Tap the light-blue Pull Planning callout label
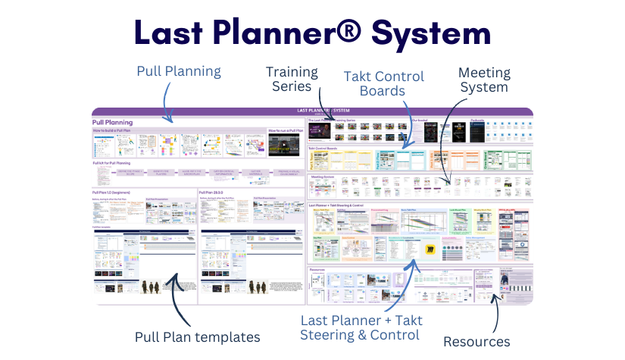179,71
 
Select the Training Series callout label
292,79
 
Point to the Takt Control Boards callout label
383,83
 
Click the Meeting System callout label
484,80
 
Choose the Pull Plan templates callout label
197,337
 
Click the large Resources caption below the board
477,341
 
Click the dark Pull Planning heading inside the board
113,121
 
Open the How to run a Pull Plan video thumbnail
283,146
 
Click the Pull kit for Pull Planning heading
112,163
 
